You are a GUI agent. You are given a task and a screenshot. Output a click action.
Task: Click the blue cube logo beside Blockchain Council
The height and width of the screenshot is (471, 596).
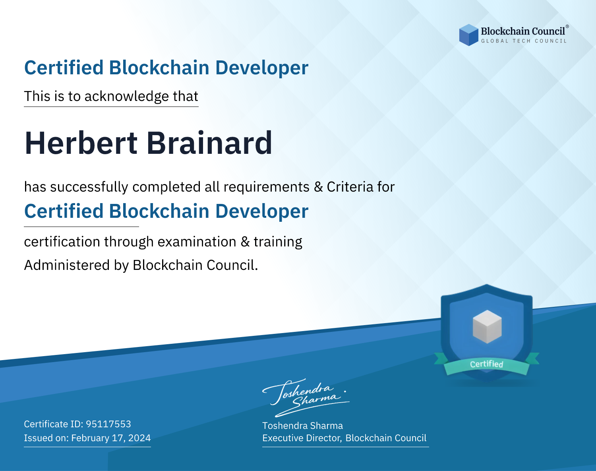(x=468, y=35)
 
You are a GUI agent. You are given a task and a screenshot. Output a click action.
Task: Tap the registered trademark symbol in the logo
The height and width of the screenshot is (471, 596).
(x=567, y=27)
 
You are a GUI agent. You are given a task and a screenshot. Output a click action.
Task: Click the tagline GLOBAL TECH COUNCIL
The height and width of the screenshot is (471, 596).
(x=524, y=41)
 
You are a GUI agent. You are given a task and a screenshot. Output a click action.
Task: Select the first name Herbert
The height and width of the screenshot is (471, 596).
(x=81, y=143)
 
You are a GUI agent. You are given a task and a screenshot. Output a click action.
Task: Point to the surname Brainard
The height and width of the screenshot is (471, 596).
(x=209, y=143)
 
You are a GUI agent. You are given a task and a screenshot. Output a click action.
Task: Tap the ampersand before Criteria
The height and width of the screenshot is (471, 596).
(x=318, y=187)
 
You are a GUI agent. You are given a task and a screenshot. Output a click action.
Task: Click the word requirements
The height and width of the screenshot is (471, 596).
(x=267, y=187)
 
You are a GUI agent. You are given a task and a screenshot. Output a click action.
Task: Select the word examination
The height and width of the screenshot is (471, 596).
(x=197, y=242)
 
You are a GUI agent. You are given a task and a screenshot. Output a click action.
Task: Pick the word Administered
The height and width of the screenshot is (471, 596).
(x=67, y=265)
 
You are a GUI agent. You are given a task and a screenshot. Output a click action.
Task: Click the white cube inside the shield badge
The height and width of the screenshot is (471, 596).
(x=487, y=327)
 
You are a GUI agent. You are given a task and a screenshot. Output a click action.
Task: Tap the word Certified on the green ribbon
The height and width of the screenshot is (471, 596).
(x=487, y=364)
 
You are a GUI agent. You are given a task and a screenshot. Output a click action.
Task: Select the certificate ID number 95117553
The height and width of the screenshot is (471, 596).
(x=108, y=424)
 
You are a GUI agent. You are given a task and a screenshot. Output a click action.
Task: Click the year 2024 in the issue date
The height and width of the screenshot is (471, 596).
(x=139, y=438)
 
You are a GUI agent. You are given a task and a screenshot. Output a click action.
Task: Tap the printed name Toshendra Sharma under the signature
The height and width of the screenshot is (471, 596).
(x=302, y=426)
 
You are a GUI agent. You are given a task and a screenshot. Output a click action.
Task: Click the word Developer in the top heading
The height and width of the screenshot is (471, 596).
(x=262, y=68)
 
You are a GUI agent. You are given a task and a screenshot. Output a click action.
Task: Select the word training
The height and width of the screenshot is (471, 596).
(x=278, y=242)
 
